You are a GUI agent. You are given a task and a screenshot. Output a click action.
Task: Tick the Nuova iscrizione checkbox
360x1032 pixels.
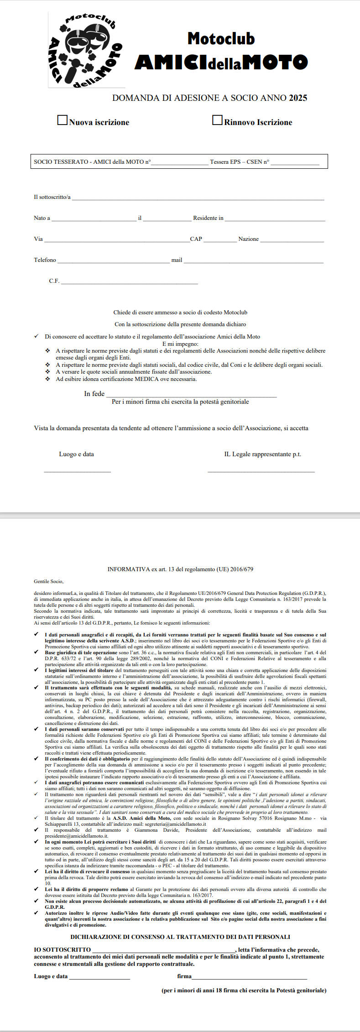pos(62,120)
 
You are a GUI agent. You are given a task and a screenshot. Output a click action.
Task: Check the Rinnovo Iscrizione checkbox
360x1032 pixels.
pos(217,120)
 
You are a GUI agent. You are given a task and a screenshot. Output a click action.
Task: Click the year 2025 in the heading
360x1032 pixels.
pos(298,98)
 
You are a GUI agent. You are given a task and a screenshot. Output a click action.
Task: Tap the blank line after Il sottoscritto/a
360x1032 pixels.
pos(198,198)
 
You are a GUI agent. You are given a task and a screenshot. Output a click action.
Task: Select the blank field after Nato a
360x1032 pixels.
pos(94,219)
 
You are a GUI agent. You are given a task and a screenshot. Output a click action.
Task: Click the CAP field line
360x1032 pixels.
pos(220,240)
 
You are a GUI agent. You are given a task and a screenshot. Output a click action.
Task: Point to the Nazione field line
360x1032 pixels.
pos(292,240)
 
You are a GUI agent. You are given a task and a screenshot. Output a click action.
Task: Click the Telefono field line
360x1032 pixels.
pos(113,261)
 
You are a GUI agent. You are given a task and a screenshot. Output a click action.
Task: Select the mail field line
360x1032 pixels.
pos(253,261)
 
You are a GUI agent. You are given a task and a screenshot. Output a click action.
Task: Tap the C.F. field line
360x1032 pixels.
pos(129,282)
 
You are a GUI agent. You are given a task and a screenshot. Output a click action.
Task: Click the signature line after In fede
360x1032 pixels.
pos(191,395)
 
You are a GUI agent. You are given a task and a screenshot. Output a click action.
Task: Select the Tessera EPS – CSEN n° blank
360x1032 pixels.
pos(295,163)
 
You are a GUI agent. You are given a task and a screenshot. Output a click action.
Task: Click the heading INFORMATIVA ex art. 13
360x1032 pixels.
pos(180,569)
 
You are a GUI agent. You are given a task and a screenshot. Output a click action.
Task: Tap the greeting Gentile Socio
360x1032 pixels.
pos(49,581)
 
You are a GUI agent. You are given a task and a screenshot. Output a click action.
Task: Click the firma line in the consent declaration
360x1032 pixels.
pos(249,977)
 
